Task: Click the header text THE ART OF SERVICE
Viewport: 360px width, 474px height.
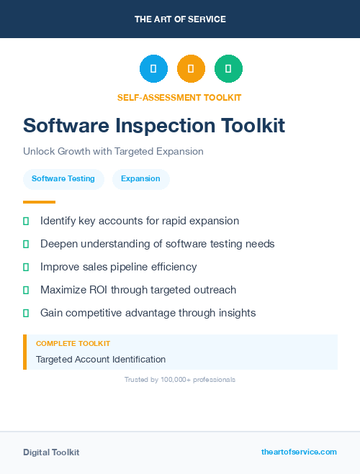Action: pyautogui.click(x=180, y=19)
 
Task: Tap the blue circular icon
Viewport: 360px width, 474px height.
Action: pyautogui.click(x=153, y=69)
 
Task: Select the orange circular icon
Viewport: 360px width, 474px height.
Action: pyautogui.click(x=191, y=69)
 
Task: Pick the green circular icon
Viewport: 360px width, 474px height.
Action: pyautogui.click(x=228, y=69)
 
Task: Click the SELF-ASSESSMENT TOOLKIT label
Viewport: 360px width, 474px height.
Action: pyautogui.click(x=180, y=97)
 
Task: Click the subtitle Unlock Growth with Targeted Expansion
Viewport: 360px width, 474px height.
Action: pyautogui.click(x=113, y=152)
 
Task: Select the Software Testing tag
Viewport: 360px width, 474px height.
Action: pyautogui.click(x=63, y=178)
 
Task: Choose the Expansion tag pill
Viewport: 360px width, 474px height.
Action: pyautogui.click(x=140, y=178)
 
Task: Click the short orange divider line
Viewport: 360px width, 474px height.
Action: pyautogui.click(x=39, y=202)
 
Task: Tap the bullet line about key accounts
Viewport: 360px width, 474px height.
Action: pyautogui.click(x=140, y=221)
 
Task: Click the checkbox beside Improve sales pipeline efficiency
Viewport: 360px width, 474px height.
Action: pyautogui.click(x=26, y=267)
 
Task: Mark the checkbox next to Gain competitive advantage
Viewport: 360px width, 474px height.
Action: pyautogui.click(x=26, y=313)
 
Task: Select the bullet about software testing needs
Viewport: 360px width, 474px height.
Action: pyautogui.click(x=157, y=244)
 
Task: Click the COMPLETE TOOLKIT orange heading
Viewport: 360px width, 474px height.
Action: pyautogui.click(x=73, y=344)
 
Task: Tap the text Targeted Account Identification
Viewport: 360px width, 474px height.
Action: pyautogui.click(x=101, y=359)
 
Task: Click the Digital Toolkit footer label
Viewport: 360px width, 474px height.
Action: pyautogui.click(x=51, y=452)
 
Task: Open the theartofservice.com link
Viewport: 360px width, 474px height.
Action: pyautogui.click(x=299, y=452)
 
